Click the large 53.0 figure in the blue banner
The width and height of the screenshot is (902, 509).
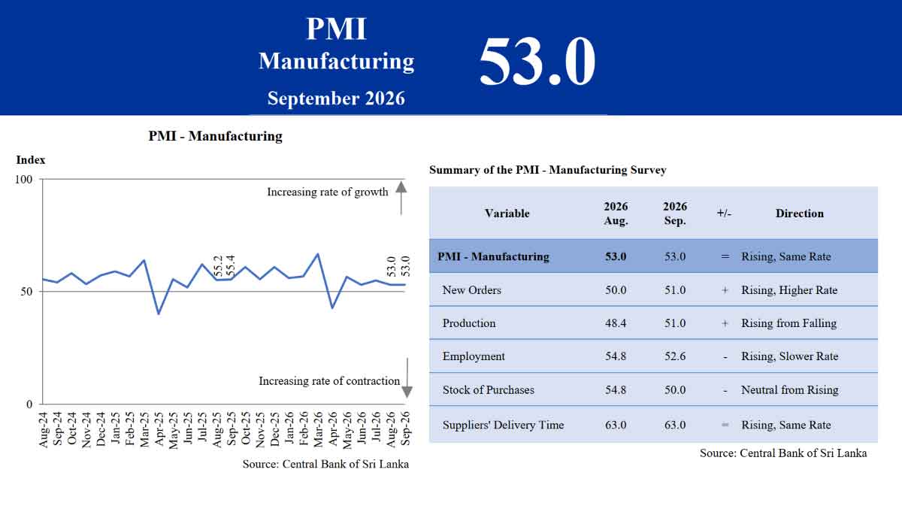537,61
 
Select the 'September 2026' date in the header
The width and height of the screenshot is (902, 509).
336,98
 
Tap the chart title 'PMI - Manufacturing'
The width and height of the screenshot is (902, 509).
216,135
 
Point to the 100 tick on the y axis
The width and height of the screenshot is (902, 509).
23,179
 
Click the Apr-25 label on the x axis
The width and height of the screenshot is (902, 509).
159,429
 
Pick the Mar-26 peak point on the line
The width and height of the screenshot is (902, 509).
318,253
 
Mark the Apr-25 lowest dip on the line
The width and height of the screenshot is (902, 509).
159,314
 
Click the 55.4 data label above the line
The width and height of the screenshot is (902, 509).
230,265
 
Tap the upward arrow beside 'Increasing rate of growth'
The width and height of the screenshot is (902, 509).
401,198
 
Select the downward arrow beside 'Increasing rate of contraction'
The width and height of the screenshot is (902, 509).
407,377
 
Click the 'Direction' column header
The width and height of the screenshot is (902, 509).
799,213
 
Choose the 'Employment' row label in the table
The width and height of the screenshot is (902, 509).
473,356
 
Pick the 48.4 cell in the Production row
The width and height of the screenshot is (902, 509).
616,323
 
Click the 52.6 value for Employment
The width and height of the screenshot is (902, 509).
675,356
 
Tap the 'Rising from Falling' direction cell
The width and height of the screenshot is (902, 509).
788,323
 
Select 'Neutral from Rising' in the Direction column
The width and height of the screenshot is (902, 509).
790,389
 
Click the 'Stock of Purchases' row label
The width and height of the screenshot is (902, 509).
488,389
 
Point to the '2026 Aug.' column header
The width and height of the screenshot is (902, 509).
616,214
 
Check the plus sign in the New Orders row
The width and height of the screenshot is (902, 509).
725,290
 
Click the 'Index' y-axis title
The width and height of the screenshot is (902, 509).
31,160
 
